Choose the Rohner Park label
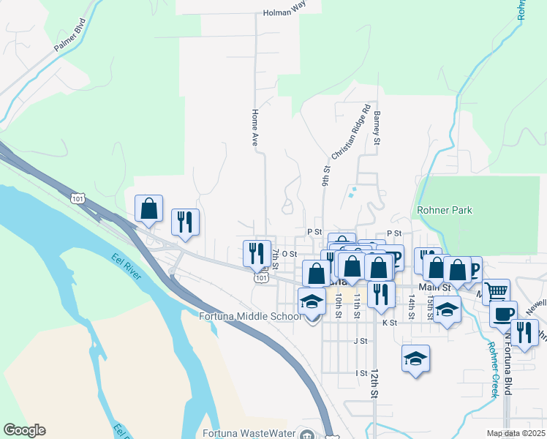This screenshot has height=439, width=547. (444, 210)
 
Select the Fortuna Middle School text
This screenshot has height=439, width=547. (250, 316)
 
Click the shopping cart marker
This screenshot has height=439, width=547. (496, 293)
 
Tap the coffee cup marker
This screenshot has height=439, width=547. (503, 314)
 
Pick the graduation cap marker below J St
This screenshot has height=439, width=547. (415, 359)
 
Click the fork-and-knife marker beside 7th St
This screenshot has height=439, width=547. (256, 253)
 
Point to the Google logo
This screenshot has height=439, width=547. (24, 429)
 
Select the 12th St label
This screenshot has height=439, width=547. (374, 383)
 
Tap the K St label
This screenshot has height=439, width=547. (388, 322)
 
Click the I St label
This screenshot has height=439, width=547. (361, 373)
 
